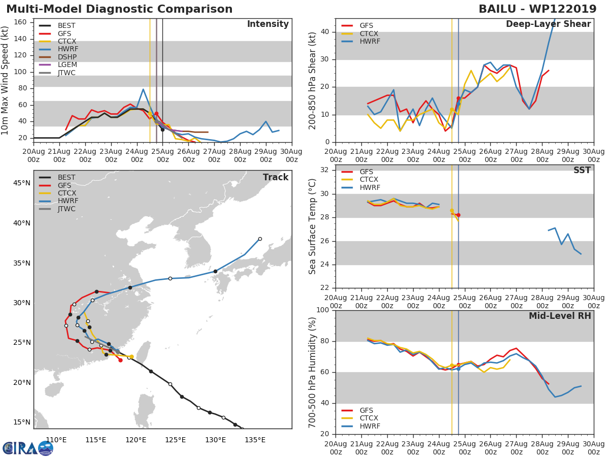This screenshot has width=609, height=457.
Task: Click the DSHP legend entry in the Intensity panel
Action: tap(58, 57)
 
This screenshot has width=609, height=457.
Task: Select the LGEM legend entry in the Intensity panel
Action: tap(58, 64)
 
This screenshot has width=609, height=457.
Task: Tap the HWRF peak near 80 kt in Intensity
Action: tap(143, 89)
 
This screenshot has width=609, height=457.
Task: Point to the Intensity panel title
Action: tap(268, 24)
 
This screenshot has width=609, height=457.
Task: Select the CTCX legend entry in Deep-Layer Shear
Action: tap(360, 34)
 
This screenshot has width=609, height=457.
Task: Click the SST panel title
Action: tap(582, 170)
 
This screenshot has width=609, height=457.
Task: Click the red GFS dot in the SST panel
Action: tap(458, 215)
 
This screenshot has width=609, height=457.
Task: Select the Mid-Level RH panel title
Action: tap(560, 316)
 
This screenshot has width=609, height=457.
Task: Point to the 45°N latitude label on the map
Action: tap(22, 183)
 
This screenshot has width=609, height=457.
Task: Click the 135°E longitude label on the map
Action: tap(255, 440)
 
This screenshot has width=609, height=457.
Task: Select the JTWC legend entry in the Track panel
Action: tap(57, 209)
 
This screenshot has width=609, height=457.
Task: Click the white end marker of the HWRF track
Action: tap(260, 239)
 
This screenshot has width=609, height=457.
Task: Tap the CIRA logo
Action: tap(28, 448)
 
